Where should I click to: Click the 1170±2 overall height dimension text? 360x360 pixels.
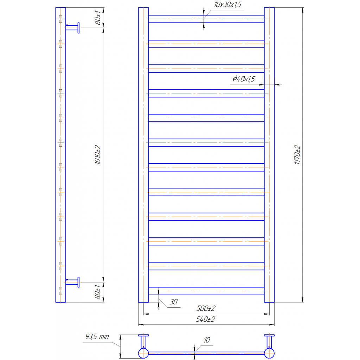click(x=297, y=155)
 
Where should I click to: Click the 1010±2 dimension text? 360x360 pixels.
click(x=98, y=155)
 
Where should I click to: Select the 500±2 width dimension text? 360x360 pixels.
click(x=206, y=309)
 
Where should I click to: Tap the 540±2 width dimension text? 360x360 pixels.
click(x=206, y=320)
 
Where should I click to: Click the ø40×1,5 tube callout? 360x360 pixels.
click(x=243, y=79)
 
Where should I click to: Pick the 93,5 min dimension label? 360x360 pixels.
click(x=97, y=337)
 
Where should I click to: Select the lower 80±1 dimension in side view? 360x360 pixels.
click(x=98, y=292)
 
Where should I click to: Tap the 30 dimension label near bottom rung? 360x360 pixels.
click(x=174, y=302)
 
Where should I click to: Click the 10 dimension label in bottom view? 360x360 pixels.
click(x=207, y=340)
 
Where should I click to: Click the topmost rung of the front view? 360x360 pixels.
click(x=206, y=19)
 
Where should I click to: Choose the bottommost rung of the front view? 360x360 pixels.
click(x=206, y=291)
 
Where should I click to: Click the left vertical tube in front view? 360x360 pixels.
click(x=143, y=155)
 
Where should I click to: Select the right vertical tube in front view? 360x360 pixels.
click(x=269, y=155)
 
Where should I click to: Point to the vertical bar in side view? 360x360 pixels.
click(x=61, y=155)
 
